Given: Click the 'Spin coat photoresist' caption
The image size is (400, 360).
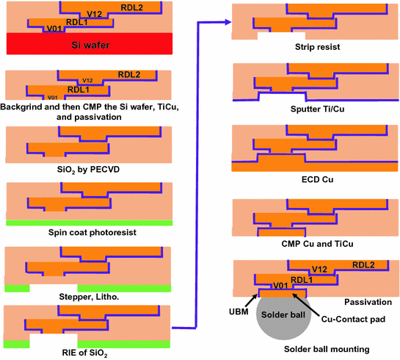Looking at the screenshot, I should pos(89,233).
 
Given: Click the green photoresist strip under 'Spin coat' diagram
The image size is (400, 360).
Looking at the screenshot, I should pos(89,222).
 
